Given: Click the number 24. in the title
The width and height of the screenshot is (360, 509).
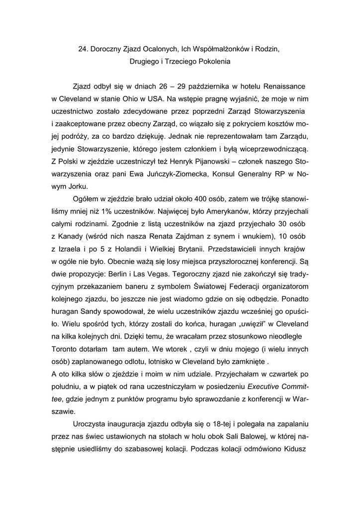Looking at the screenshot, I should click(x=84, y=49).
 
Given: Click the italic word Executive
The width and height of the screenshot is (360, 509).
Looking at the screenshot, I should click(x=268, y=386).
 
